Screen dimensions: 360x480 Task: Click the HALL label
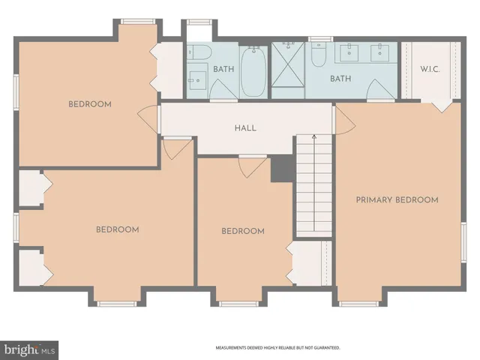[245, 128]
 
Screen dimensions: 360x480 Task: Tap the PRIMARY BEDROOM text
[397, 200]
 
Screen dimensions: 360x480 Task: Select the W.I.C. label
[430, 70]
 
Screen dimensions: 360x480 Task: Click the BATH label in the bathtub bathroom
[223, 70]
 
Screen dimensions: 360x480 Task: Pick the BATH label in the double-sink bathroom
[341, 78]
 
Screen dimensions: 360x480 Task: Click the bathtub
[253, 72]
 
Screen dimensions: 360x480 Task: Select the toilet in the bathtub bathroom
[199, 52]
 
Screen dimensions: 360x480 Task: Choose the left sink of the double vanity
[349, 52]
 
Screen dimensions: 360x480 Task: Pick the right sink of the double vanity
[380, 52]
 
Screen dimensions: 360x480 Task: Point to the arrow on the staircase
[313, 139]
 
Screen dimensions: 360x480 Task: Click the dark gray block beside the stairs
[282, 169]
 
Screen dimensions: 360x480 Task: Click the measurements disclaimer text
[278, 348]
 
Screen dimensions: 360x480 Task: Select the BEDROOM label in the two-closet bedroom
[117, 229]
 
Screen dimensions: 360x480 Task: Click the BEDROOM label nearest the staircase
[243, 231]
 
